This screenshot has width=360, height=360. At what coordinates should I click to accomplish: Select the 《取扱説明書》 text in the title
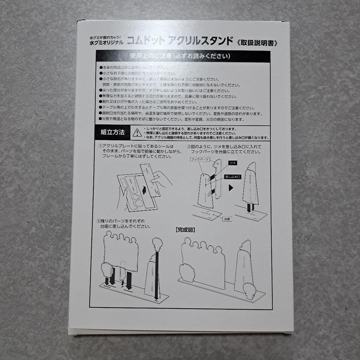257,42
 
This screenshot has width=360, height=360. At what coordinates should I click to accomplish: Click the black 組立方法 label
113,133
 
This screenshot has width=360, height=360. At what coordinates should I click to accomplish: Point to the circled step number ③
98,221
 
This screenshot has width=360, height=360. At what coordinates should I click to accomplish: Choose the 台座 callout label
227,219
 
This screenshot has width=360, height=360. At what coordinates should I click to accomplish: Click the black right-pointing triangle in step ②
230,188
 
